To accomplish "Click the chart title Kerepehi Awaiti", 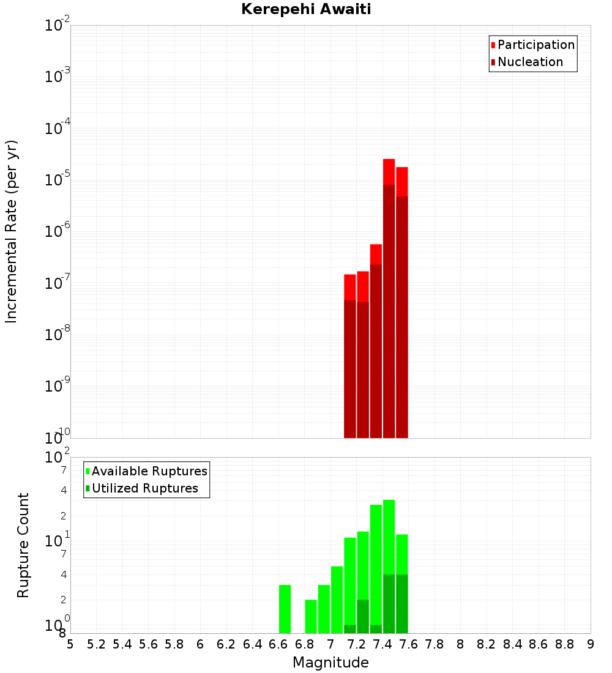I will (x=306, y=9).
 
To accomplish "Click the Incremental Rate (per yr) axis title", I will (x=11, y=232).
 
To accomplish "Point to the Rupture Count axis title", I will (x=23, y=545).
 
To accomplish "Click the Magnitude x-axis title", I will (x=330, y=663).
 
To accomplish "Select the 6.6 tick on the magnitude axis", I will (x=278, y=644).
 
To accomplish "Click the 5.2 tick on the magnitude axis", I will (x=96, y=644).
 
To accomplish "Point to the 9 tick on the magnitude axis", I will (x=591, y=644).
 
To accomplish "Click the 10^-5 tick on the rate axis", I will (x=58, y=181).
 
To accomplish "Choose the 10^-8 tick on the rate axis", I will (x=58, y=336).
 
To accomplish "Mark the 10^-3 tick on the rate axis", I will (x=58, y=78).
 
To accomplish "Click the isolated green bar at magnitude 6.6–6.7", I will (x=285, y=609).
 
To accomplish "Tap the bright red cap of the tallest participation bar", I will (x=389, y=171).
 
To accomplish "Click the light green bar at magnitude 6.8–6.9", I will (x=311, y=616).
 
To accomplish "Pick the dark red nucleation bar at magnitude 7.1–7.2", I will (x=350, y=367).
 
